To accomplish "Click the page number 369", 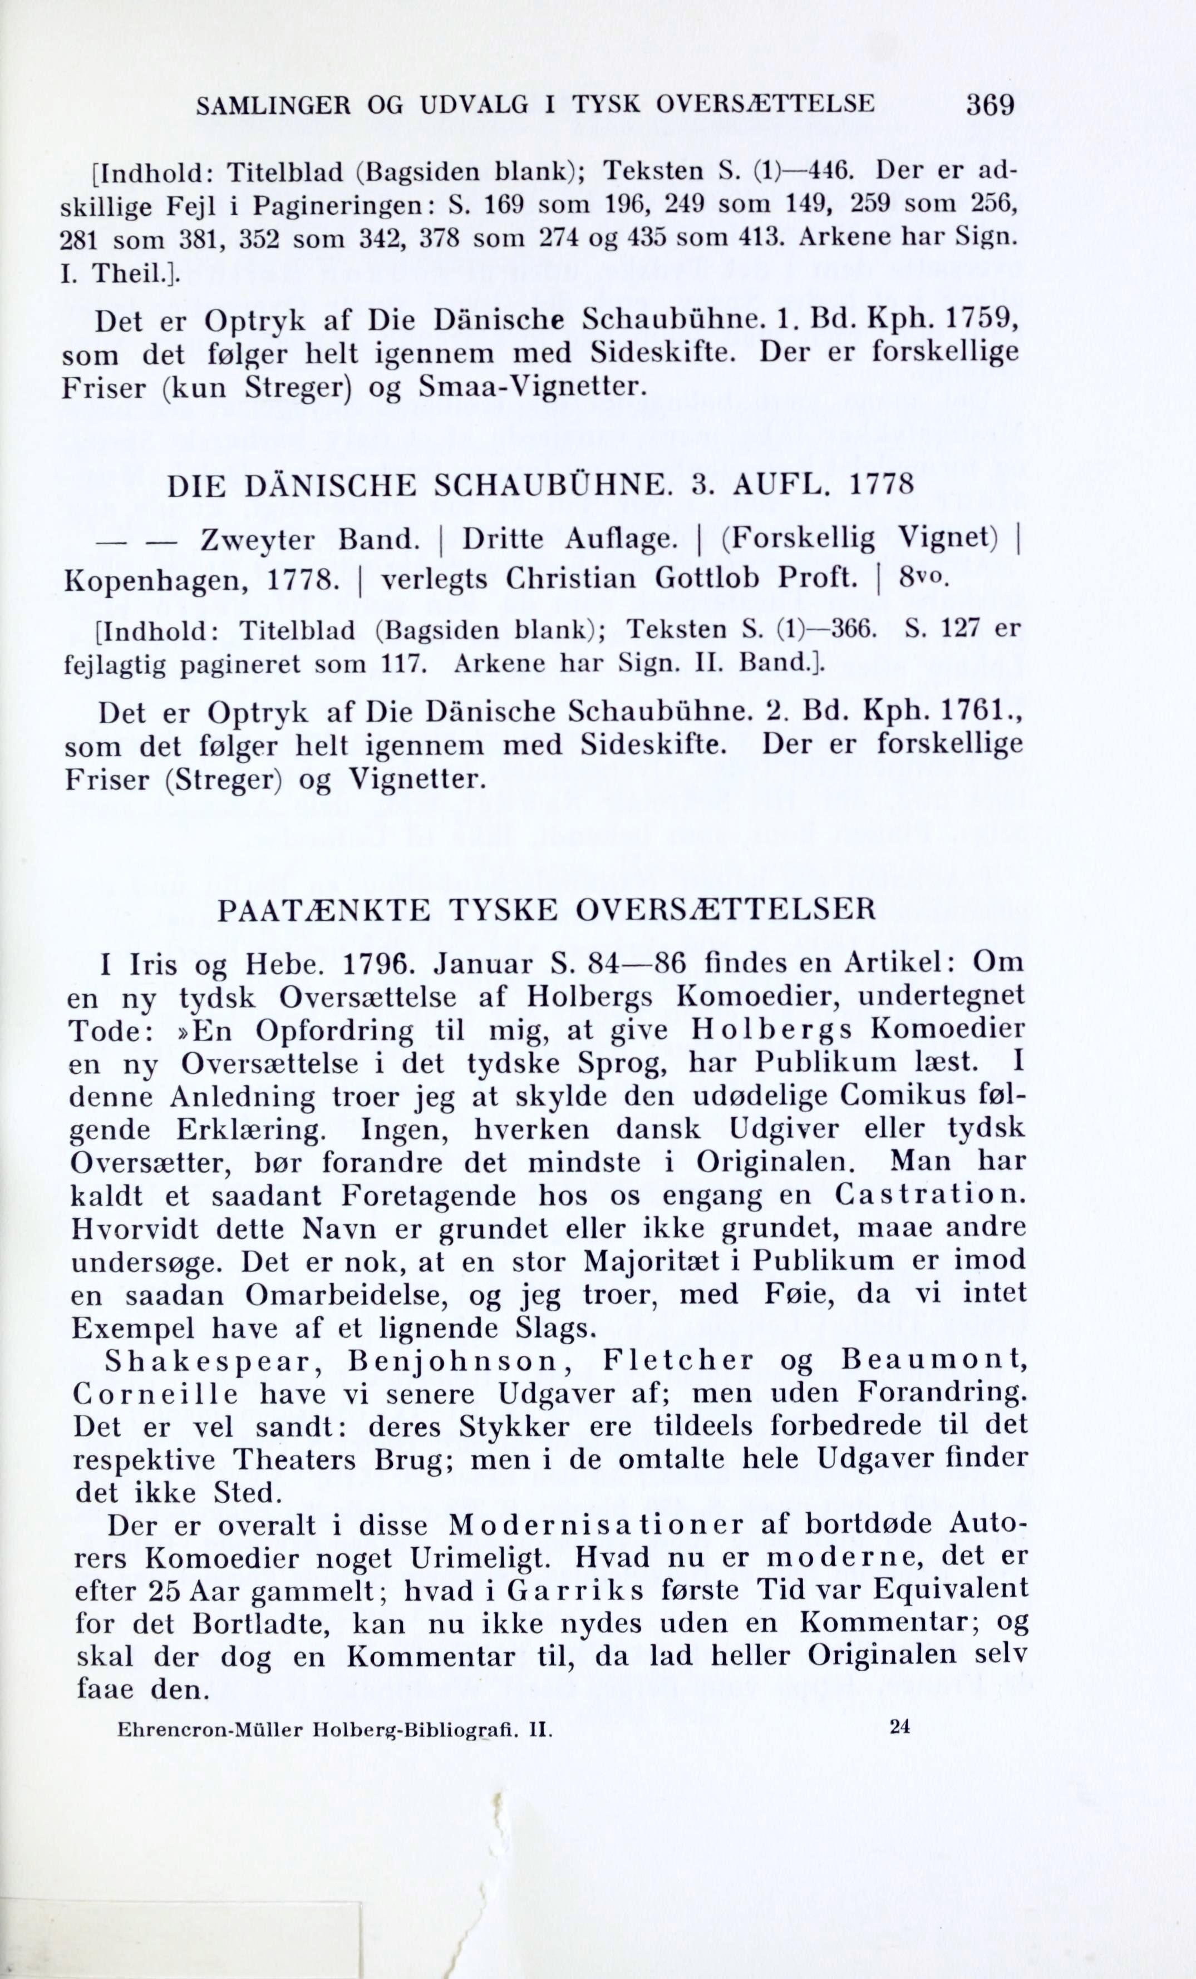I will pos(991,105).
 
